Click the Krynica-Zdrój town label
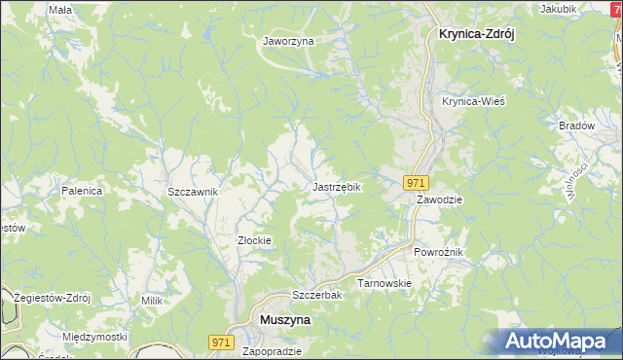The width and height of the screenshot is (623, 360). pyautogui.click(x=470, y=32)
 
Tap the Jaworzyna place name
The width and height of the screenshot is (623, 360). pyautogui.click(x=288, y=41)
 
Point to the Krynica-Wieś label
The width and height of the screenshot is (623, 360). pyautogui.click(x=473, y=101)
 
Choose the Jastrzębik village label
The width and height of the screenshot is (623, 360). pyautogui.click(x=337, y=186)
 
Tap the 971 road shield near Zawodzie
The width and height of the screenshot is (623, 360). pyautogui.click(x=416, y=182)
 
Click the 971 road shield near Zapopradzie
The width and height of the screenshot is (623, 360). pyautogui.click(x=221, y=341)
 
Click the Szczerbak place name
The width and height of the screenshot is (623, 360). pyautogui.click(x=314, y=295)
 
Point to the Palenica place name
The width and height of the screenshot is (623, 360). pyautogui.click(x=82, y=191)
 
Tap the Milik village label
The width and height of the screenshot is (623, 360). pyautogui.click(x=151, y=302)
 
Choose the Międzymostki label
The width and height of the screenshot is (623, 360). pyautogui.click(x=94, y=337)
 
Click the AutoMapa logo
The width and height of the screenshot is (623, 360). pyautogui.click(x=561, y=341)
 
